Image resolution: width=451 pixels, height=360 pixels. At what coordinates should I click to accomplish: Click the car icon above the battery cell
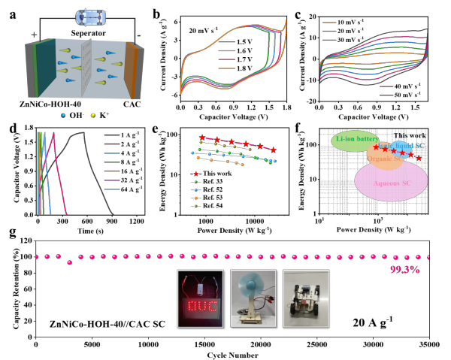(90, 17)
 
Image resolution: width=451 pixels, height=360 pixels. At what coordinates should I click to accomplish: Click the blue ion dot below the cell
(62, 116)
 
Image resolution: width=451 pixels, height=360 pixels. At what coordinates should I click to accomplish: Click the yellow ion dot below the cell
(93, 116)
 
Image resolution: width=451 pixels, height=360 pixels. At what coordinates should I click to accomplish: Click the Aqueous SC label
(391, 183)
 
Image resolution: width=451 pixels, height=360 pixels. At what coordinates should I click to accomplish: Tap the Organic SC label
(383, 159)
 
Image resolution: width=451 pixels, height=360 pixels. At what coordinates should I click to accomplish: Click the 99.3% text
(404, 269)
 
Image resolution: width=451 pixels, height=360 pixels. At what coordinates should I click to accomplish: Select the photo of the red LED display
(200, 298)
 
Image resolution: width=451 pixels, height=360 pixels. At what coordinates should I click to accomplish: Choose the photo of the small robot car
(306, 298)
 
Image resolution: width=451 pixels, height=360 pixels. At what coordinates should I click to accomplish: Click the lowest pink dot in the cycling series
(69, 262)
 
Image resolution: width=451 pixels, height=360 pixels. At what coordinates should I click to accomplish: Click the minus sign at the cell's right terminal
(138, 35)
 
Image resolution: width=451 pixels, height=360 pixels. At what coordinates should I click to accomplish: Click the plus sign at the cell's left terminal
(34, 35)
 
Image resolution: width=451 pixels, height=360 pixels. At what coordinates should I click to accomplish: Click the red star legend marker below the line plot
(196, 174)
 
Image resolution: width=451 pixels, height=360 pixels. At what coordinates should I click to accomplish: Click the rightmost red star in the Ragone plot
(419, 158)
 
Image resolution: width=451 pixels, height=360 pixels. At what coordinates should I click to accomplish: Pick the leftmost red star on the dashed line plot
(202, 138)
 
